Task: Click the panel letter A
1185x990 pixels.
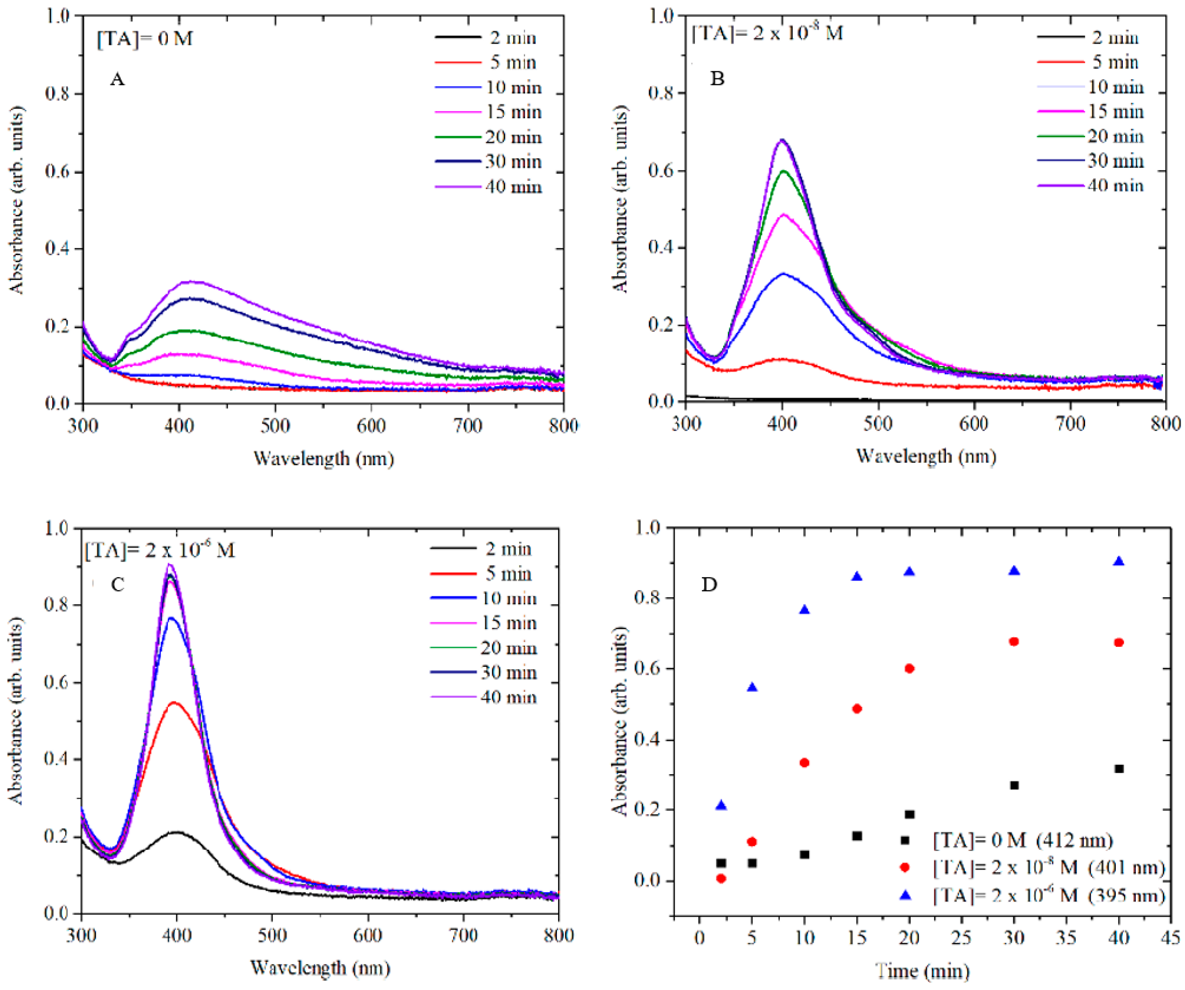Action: point(117,79)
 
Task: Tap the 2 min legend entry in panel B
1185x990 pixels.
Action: point(1115,37)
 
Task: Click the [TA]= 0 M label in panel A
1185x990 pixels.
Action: point(145,39)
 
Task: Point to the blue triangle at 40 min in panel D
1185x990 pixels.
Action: point(1119,561)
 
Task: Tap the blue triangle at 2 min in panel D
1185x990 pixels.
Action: point(721,806)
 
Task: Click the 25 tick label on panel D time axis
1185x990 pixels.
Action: point(962,938)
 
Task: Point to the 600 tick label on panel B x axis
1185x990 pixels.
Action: point(973,424)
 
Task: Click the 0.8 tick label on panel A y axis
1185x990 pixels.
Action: point(57,94)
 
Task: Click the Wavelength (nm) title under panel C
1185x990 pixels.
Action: point(320,968)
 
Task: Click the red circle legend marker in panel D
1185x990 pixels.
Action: point(905,867)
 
